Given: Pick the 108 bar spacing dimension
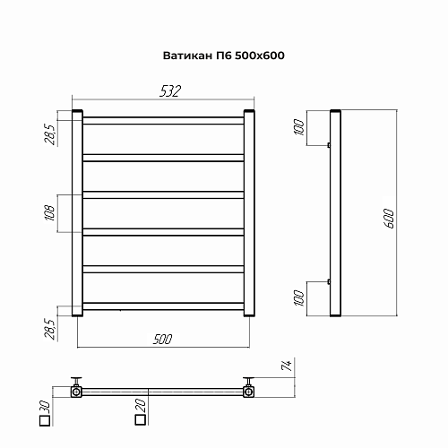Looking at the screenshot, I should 50,212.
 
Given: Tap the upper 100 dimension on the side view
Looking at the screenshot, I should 299,127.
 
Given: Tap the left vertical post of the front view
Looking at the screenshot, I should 79,214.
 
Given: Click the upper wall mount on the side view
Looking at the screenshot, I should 329,145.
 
